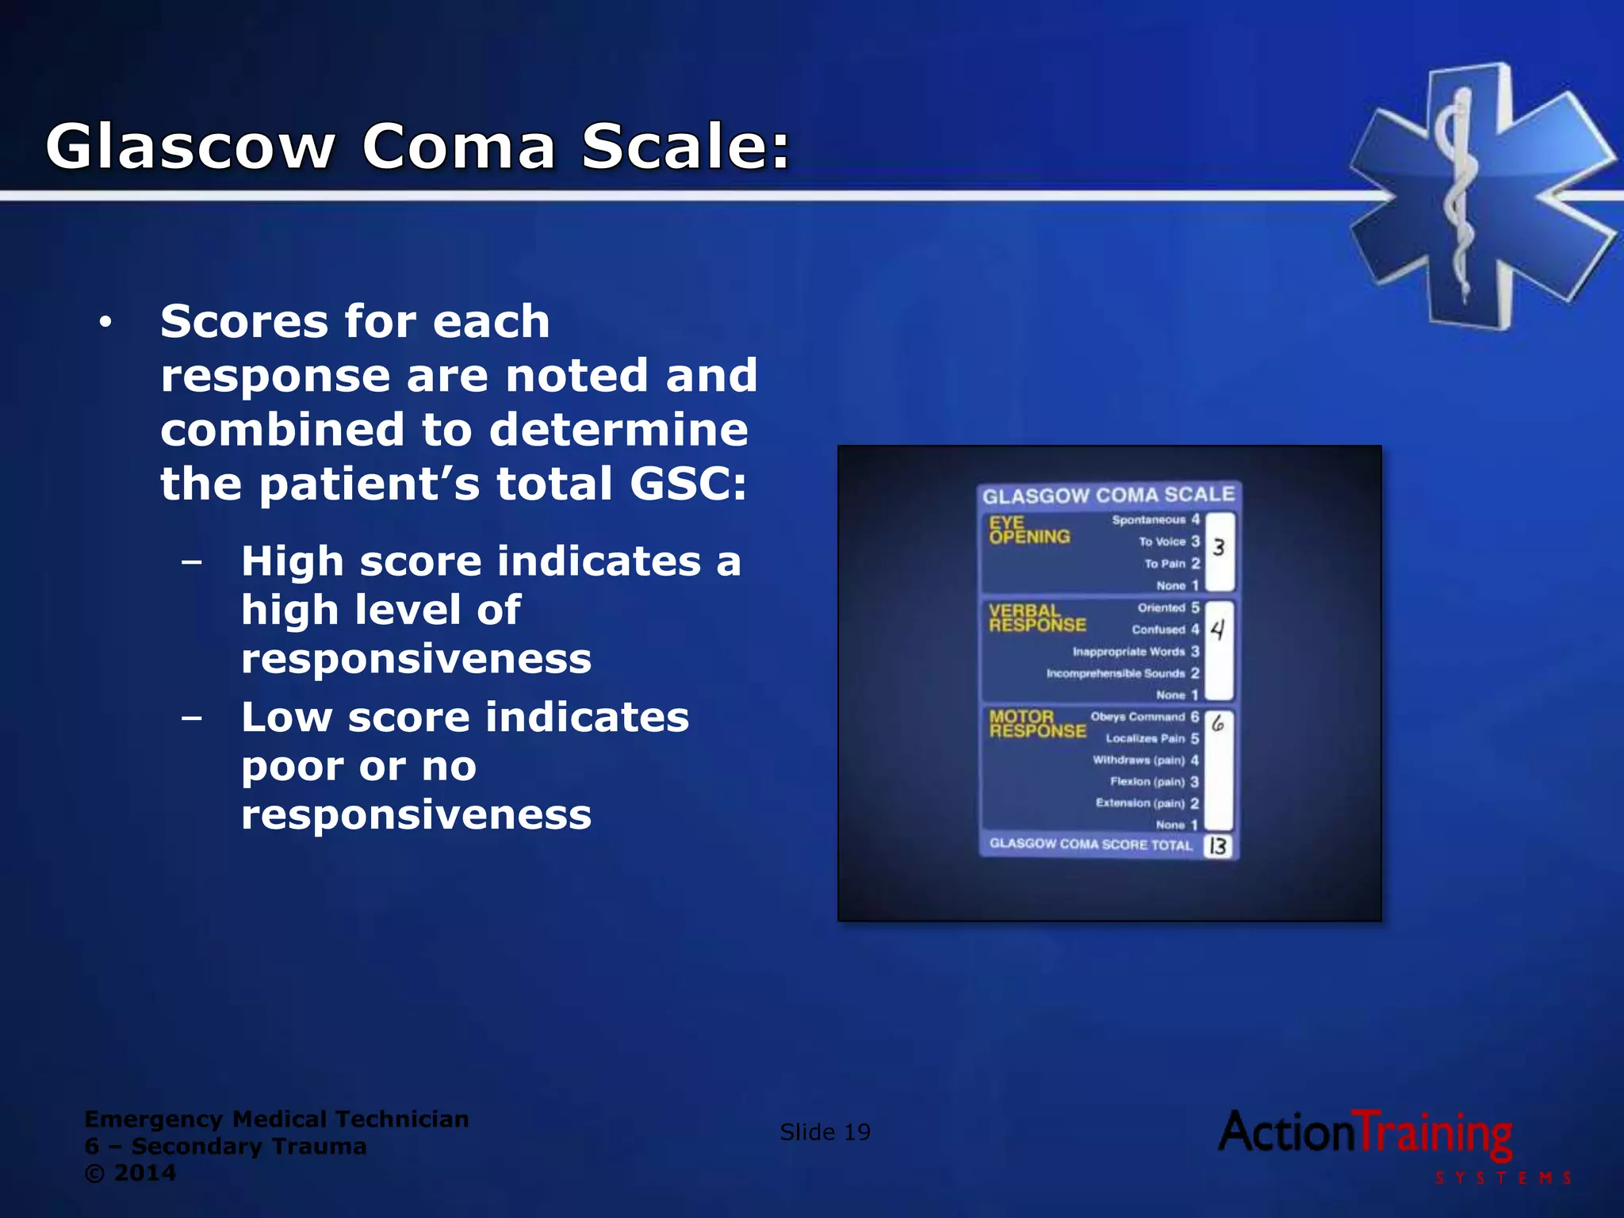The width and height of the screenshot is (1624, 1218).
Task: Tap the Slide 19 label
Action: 825,1132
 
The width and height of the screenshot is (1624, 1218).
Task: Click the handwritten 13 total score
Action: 1217,846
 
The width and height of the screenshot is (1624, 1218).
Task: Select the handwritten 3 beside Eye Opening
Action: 1219,547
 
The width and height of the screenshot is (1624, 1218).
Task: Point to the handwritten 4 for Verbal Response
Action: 1218,630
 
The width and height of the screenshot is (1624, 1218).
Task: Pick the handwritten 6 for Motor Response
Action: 1218,722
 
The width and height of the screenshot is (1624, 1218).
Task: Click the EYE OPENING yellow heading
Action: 1028,530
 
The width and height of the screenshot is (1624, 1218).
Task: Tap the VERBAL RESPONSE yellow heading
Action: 1036,618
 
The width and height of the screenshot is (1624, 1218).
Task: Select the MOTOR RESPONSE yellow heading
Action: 1036,723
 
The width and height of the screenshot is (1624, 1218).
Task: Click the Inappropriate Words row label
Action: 1128,651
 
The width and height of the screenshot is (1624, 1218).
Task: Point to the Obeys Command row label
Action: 1137,716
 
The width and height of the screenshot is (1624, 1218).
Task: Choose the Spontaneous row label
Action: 1148,519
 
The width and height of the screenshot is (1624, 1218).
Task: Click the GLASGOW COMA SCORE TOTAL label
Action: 1090,844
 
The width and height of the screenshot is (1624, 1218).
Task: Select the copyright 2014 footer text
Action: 131,1173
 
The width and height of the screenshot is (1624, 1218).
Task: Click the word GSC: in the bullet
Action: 688,483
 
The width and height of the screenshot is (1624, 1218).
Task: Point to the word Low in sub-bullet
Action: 286,717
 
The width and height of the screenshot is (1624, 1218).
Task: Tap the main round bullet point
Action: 105,322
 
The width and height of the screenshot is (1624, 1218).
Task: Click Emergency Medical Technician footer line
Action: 276,1119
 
